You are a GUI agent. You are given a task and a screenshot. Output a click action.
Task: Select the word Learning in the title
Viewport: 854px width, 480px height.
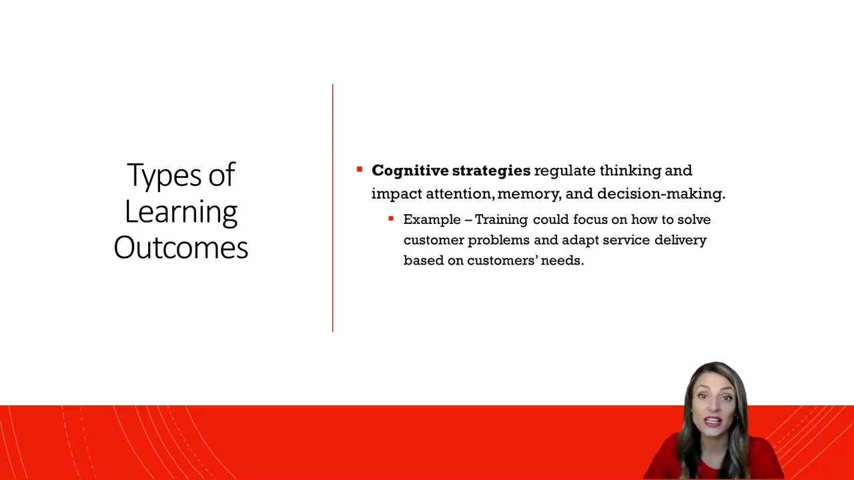coord(181,212)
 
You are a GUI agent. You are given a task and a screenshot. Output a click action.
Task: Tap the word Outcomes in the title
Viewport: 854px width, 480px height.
coord(181,247)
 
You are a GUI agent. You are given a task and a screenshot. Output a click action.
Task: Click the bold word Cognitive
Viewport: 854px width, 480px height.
coord(410,171)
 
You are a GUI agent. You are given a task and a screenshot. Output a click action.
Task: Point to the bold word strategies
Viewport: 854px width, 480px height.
coord(491,171)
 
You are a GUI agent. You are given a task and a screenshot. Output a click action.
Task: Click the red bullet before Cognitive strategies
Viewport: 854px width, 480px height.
coord(360,170)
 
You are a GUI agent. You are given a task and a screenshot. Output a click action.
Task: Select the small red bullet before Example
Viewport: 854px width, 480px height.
coord(391,219)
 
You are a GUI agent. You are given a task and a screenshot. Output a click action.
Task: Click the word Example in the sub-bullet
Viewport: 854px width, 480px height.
coord(432,219)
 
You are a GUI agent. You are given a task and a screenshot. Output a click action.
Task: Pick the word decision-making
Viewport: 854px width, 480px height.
coord(661,194)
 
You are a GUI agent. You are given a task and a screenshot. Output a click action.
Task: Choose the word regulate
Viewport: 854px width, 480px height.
coord(564,171)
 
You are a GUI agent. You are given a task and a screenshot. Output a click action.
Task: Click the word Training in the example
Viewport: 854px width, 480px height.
coord(501,219)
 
